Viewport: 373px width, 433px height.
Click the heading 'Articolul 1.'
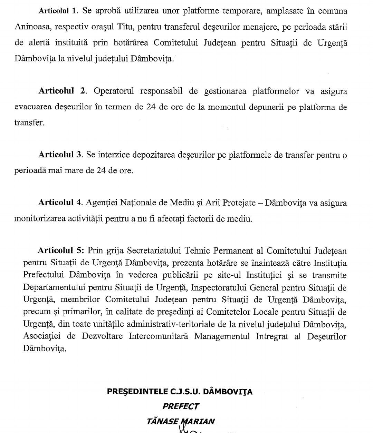click(59, 10)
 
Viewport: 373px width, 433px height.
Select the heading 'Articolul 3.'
click(60, 155)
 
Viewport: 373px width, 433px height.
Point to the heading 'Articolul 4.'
click(60, 203)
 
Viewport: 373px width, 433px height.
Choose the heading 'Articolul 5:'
click(61, 250)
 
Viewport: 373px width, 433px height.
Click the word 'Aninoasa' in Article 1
click(30, 27)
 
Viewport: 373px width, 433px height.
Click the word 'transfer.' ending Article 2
click(29, 122)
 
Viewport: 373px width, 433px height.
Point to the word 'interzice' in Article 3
click(114, 155)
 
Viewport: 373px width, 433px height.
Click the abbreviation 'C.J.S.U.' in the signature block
click(186, 392)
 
